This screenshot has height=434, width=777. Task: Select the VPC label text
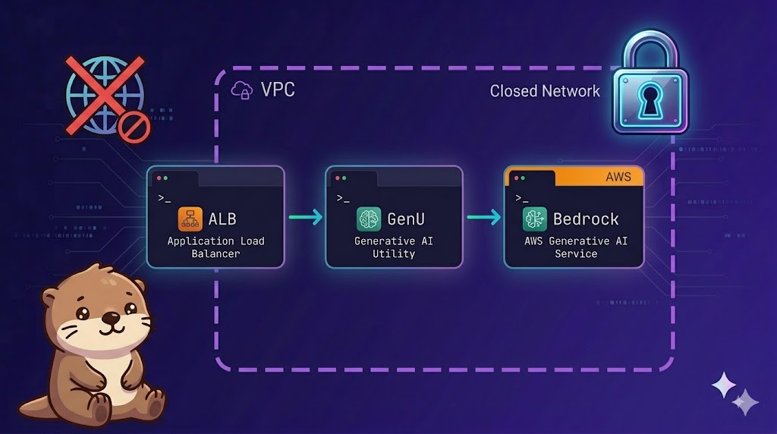coord(278,90)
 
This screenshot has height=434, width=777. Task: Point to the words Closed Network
coord(545,91)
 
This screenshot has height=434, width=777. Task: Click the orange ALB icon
coord(190,219)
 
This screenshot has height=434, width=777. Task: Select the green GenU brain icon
coord(369,219)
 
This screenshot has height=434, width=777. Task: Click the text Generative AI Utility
coord(394,247)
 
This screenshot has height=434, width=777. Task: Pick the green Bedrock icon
coord(535,219)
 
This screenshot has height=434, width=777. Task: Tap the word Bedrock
coord(586,219)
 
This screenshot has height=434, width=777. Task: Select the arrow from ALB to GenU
coord(305,217)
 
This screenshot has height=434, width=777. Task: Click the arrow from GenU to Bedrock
coord(483,218)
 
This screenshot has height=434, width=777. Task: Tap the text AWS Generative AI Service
coord(576,247)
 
